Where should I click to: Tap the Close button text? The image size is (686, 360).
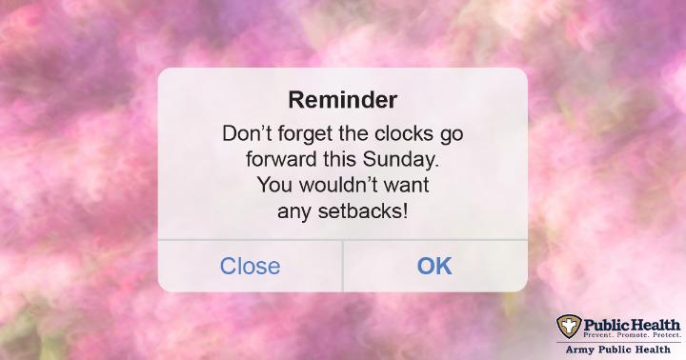pos(250,266)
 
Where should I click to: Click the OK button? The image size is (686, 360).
pos(434,266)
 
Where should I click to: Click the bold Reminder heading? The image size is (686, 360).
pos(343,100)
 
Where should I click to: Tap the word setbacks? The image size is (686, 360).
pos(363,211)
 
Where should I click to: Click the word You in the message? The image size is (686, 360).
pos(275,185)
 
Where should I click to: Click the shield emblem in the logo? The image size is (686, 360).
pos(569,326)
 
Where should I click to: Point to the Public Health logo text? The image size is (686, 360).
pos(632,325)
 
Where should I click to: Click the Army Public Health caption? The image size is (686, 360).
pos(617,350)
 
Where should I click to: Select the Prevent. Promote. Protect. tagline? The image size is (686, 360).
pos(632,335)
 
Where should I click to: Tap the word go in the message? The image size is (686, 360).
pos(452,135)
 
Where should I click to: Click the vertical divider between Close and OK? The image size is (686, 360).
pos(343,266)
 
